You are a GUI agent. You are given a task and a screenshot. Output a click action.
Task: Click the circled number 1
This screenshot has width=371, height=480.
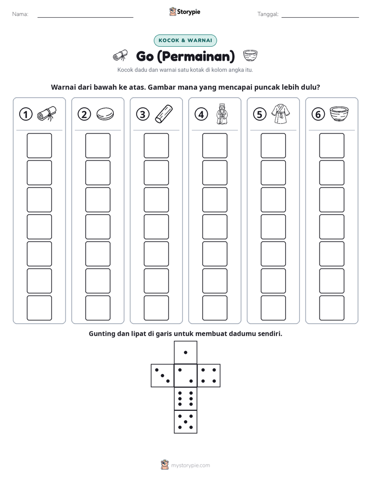tap(25, 114)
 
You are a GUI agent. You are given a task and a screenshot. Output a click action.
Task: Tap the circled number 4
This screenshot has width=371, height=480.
tap(201, 114)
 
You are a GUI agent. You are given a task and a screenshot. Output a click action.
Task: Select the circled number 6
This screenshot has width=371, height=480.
tap(318, 114)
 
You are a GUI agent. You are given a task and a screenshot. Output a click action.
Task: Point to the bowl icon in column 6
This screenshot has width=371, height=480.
tap(339, 114)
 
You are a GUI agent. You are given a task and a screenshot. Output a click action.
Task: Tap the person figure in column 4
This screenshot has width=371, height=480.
tap(222, 114)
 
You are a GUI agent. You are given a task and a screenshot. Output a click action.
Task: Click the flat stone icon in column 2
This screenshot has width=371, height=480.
tap(105, 114)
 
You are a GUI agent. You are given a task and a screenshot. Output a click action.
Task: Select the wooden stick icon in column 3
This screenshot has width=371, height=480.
tap(164, 114)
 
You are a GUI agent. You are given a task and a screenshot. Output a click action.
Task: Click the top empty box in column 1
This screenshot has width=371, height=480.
tap(39, 145)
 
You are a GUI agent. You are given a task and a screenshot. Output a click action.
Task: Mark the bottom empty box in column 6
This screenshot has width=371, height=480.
tap(332, 308)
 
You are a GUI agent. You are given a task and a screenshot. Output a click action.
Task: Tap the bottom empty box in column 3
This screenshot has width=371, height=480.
tap(156, 308)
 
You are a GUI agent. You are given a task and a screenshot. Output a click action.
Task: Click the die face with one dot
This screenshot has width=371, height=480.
tap(186, 352)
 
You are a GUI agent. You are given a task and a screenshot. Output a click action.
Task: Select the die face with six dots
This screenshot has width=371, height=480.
tap(186, 398)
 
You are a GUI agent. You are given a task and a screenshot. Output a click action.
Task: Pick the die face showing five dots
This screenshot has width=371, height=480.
tap(186, 422)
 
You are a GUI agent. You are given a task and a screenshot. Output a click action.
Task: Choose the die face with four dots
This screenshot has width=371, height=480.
tap(209, 376)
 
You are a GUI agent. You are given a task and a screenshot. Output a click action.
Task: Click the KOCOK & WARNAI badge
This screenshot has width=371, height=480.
tap(185, 41)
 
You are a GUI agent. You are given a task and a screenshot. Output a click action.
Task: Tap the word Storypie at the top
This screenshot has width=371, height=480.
tap(189, 12)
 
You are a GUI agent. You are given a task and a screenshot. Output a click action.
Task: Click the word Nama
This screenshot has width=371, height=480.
tap(20, 14)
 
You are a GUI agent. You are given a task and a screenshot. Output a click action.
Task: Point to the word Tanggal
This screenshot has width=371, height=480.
tap(268, 14)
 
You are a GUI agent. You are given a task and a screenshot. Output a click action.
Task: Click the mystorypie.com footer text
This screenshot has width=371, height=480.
tap(190, 465)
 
